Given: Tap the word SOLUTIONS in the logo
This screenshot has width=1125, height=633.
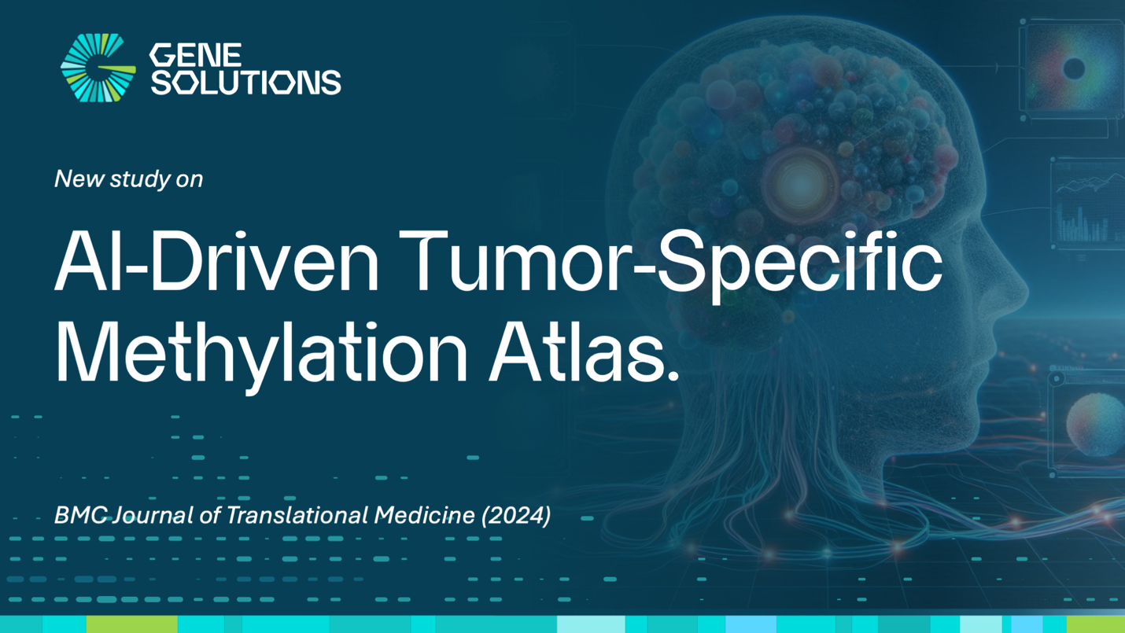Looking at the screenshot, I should [245, 82].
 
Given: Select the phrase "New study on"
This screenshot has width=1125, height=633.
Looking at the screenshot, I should [129, 179].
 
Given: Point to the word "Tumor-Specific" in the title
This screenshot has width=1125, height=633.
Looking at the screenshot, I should [677, 263].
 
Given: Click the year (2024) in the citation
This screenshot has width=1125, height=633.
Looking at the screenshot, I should [516, 515].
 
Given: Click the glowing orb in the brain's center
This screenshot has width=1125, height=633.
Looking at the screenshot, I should [799, 183].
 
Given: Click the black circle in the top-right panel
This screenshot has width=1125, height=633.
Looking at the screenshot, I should [1074, 69].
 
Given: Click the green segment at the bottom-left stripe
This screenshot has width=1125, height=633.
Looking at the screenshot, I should [131, 624].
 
